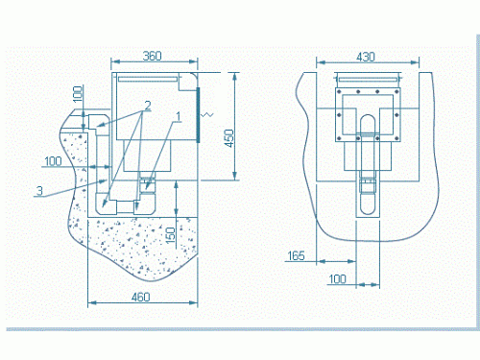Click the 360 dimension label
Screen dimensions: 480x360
pyautogui.click(x=152, y=56)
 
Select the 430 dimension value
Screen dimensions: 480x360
pyautogui.click(x=366, y=57)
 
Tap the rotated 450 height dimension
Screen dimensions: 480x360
pyautogui.click(x=229, y=138)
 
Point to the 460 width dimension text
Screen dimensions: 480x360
pyautogui.click(x=141, y=297)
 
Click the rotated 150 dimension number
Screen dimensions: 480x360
pyautogui.click(x=171, y=235)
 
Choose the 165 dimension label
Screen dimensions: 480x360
pyautogui.click(x=296, y=255)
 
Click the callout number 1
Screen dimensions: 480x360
pyautogui.click(x=179, y=117)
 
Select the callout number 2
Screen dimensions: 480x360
pyautogui.click(x=148, y=105)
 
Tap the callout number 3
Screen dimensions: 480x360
pyautogui.click(x=39, y=190)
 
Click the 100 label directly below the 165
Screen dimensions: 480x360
pyautogui.click(x=338, y=279)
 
